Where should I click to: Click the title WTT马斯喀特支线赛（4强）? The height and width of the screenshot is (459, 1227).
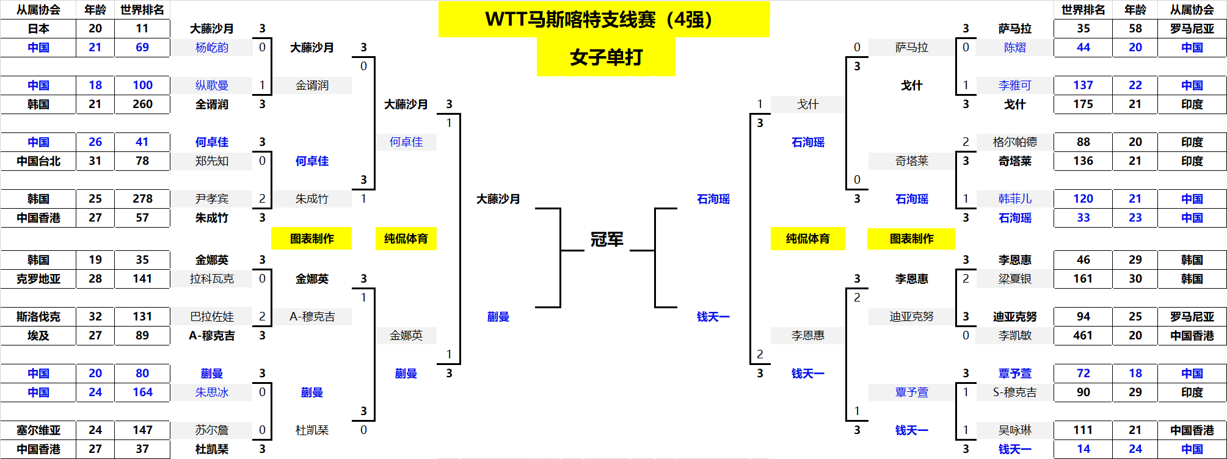tap(603, 20)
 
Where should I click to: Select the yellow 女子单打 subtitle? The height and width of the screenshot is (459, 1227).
tap(606, 57)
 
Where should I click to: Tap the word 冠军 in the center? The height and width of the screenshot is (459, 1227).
tap(606, 239)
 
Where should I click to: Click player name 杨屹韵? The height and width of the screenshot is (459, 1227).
tap(212, 48)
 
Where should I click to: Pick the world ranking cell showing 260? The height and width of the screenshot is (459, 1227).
tap(142, 104)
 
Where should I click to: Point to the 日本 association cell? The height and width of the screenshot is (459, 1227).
tap(38, 29)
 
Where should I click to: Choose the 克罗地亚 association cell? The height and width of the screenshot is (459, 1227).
tap(38, 279)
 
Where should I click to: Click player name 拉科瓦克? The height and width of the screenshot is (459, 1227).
tap(212, 279)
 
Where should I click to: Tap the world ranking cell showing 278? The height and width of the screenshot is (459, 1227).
tap(142, 199)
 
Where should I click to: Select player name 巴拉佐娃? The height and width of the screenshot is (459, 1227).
tap(212, 317)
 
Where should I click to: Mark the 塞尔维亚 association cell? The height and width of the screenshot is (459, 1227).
tap(38, 430)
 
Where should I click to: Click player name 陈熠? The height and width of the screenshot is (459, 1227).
tap(1014, 48)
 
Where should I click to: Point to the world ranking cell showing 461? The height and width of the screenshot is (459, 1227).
tap(1083, 336)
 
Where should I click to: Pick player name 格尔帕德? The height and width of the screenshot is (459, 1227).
tap(1014, 142)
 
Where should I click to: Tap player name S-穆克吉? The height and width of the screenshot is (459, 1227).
tap(1014, 392)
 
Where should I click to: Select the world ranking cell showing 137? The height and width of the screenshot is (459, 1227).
tap(1083, 85)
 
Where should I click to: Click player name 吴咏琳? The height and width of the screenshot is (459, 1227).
tap(1014, 430)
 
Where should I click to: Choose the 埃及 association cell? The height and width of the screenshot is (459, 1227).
tap(38, 336)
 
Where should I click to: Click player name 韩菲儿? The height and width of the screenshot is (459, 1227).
tap(1014, 199)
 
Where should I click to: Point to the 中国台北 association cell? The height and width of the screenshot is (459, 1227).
tap(38, 161)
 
